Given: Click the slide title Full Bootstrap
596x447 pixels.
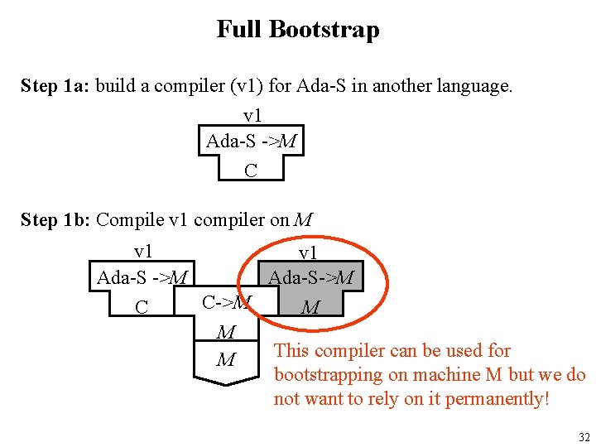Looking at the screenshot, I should (298, 30).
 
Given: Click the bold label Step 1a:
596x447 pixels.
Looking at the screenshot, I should (55, 86).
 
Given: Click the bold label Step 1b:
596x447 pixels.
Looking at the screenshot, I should (55, 220).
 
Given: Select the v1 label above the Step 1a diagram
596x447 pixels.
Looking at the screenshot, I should (252, 117).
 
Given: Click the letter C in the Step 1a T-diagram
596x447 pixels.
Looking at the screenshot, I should (251, 171).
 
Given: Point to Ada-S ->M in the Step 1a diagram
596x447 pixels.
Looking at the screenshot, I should (251, 142).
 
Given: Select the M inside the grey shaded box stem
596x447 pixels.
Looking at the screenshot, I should (310, 308).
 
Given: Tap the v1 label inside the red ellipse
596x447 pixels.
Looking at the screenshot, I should (308, 253).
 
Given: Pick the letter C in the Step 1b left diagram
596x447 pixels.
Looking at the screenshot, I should (142, 307).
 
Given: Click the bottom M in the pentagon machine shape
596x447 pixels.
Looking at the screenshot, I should (225, 360).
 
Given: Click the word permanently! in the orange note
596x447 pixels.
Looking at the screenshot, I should (497, 399).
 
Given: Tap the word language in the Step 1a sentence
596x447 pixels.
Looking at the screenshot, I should (477, 86).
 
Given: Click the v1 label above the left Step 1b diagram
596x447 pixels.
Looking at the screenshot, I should (142, 252).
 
